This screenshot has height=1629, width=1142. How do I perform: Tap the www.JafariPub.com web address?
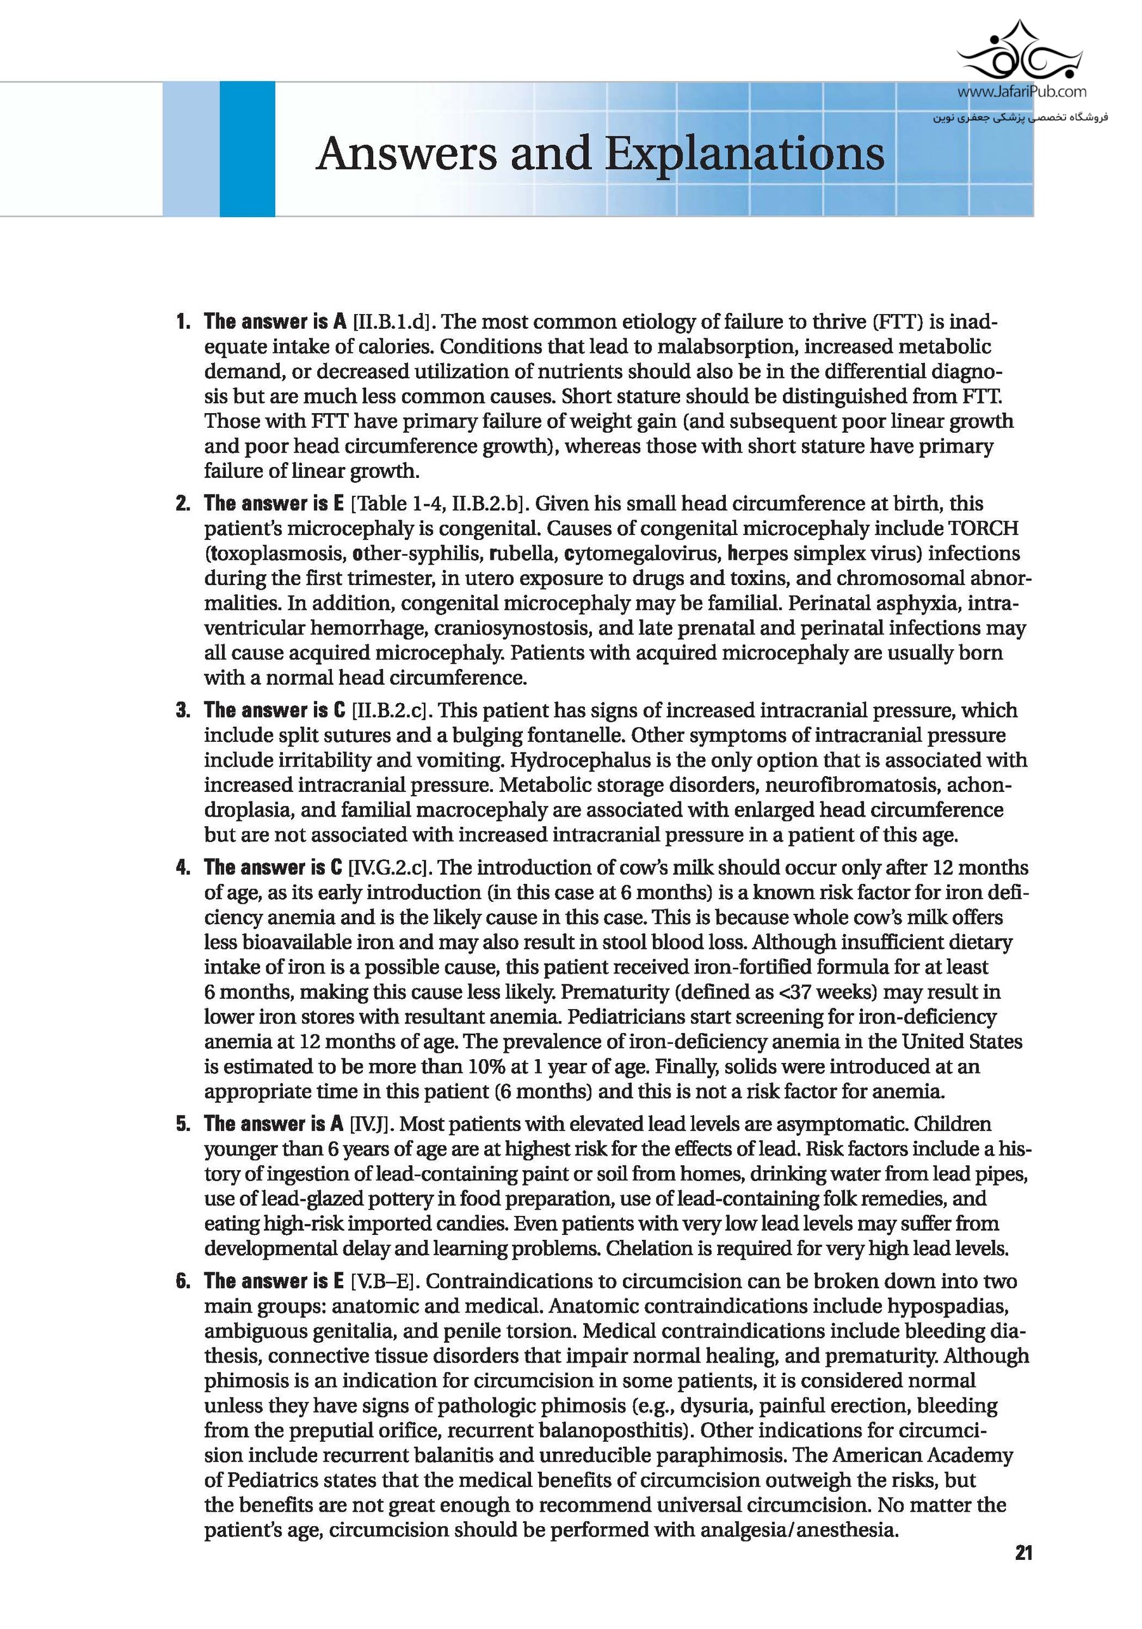[1022, 91]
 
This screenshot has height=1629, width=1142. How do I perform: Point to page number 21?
[1023, 1573]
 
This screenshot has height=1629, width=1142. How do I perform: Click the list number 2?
[183, 504]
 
